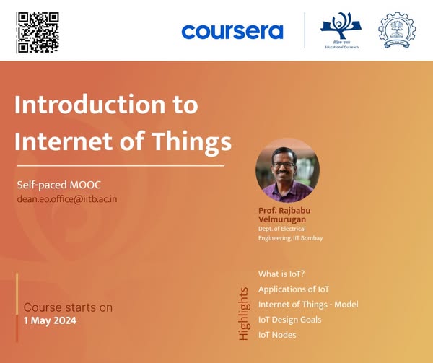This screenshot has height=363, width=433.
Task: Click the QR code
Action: point(38,32)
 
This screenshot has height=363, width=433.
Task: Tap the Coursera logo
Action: point(232,32)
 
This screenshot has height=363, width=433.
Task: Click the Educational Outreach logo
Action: point(341,30)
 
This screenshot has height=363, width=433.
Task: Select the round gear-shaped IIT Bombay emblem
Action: point(397,30)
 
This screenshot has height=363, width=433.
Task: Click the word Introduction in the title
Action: point(90,105)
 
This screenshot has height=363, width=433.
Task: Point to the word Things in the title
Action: point(192,142)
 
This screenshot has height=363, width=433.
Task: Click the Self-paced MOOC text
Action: point(59,185)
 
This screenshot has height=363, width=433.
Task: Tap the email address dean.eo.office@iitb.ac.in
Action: point(67,199)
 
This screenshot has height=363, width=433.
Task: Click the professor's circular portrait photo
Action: point(287,170)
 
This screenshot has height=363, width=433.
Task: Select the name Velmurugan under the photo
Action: point(282,219)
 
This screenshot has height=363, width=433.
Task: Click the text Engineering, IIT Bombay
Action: point(290,238)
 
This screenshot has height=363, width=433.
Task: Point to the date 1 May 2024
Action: point(50,320)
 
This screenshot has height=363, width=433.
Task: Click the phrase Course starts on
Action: point(68,307)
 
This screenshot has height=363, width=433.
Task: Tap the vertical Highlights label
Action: point(244,314)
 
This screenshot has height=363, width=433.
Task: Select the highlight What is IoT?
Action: point(281,274)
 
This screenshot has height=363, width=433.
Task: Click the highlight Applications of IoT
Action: point(294,289)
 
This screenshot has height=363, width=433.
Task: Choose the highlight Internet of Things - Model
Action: point(308,305)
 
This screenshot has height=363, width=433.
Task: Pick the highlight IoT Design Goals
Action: point(289,320)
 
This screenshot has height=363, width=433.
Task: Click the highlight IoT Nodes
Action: point(277,335)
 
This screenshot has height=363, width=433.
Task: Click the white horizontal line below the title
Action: point(121,166)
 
